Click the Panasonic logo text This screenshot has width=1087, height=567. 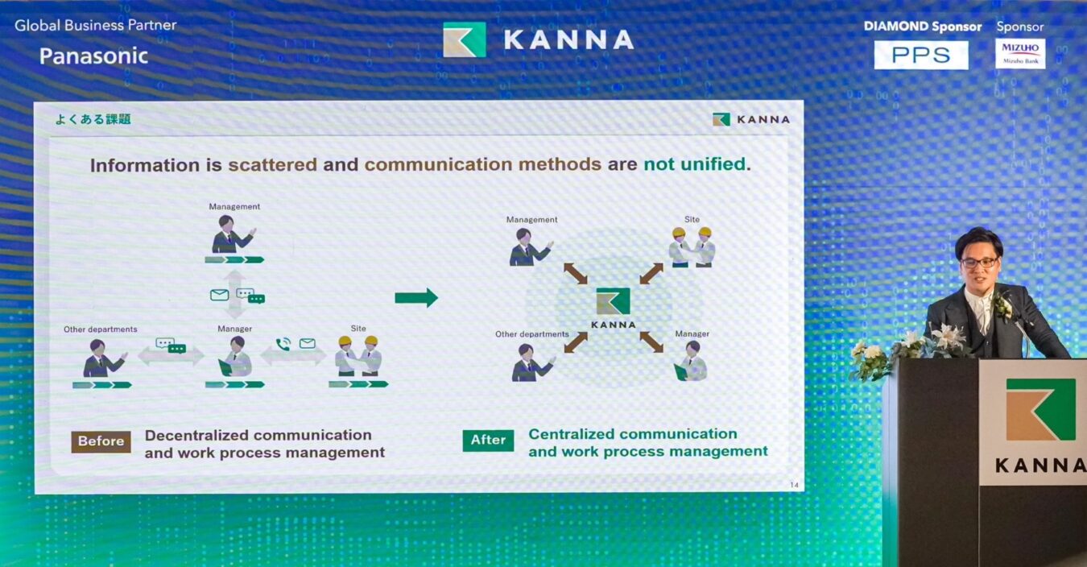pos(93,56)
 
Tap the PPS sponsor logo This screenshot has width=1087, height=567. pos(921,55)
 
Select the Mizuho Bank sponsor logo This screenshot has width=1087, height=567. pos(1020,53)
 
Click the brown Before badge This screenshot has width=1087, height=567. pos(101,441)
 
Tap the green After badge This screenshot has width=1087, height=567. pos(488,441)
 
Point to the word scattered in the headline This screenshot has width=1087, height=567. pos(273,165)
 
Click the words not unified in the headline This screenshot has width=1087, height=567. pos(694,164)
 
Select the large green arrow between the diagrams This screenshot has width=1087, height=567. pos(416,297)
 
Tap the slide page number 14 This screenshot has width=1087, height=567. pos(794,485)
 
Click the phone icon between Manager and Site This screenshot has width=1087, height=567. pos(283,344)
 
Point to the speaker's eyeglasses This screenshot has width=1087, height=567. pos(978,263)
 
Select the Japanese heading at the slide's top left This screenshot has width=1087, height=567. pos(93,119)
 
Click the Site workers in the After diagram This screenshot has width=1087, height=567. pos(692,247)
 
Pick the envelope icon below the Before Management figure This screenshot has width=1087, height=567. pos(219,295)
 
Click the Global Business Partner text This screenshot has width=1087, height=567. pos(96,25)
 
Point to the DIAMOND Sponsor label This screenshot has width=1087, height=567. pos(923,27)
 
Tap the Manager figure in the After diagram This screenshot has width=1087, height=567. pos(690,361)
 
